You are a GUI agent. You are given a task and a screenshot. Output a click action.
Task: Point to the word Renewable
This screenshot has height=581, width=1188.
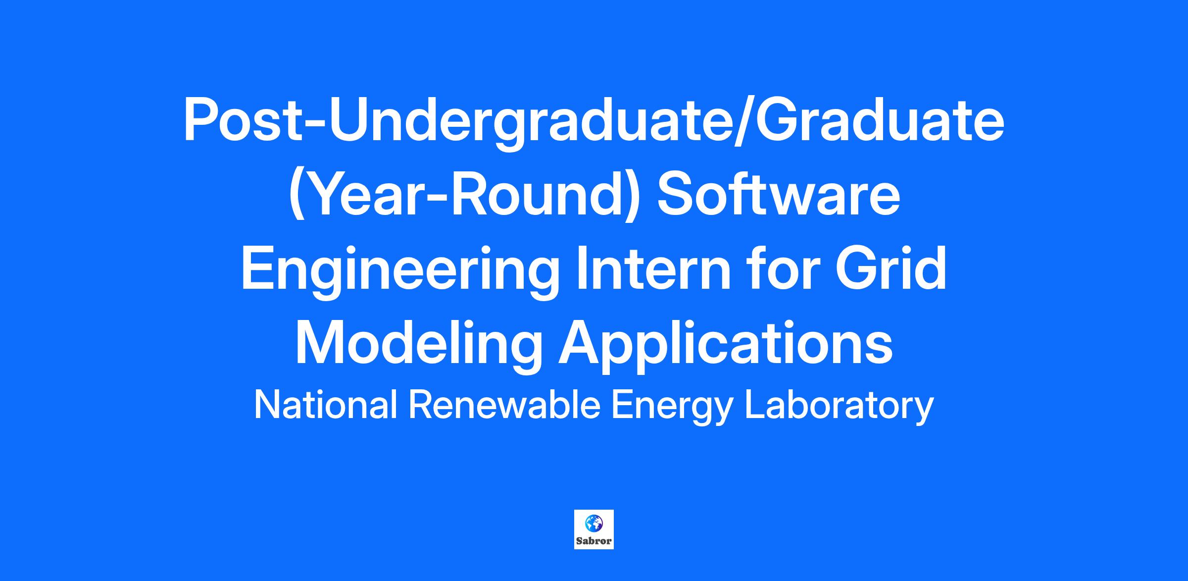coord(504,405)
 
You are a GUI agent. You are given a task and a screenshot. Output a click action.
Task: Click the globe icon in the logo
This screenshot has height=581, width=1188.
coord(594,523)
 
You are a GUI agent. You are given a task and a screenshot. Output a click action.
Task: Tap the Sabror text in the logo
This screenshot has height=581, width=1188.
coord(594,541)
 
